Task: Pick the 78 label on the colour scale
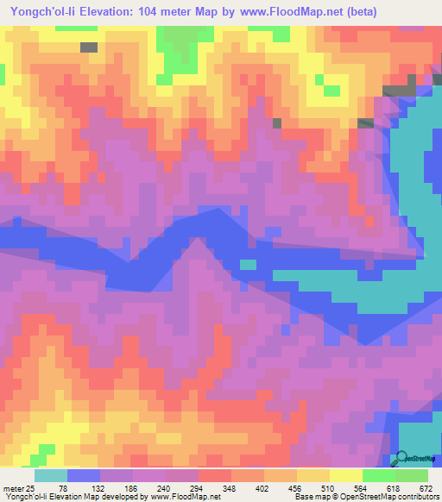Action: [84, 487]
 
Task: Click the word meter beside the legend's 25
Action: [15, 487]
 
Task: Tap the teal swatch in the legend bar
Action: [51, 475]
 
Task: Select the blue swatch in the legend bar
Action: [84, 475]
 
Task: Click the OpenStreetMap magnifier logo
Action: [400, 459]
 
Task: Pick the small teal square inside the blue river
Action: [248, 264]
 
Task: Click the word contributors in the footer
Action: [415, 497]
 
